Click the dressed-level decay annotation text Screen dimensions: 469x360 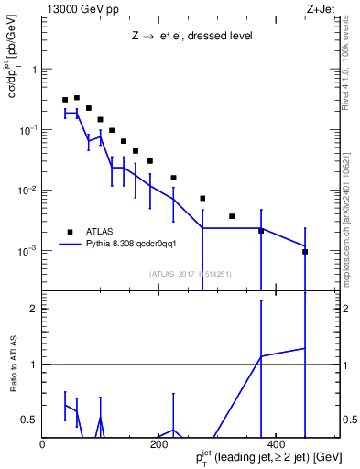pos(191,38)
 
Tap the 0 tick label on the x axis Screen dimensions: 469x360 pos(43,445)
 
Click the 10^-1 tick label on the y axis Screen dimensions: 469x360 pos(27,130)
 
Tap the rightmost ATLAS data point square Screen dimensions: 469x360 pos(305,251)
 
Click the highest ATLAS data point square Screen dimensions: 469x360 pos(77,97)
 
